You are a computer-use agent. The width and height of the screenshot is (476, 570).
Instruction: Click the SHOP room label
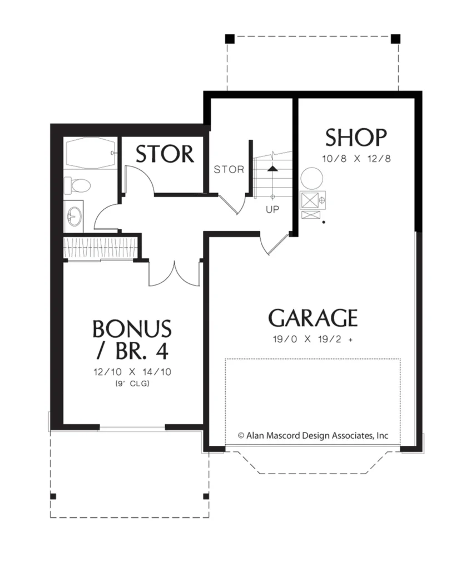[356, 137]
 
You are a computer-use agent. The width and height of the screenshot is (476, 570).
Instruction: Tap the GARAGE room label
[313, 318]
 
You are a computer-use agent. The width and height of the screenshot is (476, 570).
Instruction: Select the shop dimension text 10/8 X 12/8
[356, 159]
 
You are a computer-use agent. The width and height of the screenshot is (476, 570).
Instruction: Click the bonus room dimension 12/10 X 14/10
[132, 372]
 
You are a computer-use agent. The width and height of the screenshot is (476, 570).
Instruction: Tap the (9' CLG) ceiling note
[132, 384]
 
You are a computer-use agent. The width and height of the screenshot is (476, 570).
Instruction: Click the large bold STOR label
[165, 154]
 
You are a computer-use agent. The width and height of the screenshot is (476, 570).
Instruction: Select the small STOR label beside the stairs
[229, 169]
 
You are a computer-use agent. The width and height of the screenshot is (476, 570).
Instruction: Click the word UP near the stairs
[272, 210]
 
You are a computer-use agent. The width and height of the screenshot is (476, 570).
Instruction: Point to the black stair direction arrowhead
[272, 168]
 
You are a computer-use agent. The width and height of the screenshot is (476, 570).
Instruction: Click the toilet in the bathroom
[77, 185]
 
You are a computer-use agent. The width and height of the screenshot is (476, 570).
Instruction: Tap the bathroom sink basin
[75, 217]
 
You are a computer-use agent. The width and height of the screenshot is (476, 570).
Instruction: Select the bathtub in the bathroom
[90, 153]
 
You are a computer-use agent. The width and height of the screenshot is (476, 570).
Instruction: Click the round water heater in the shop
[311, 178]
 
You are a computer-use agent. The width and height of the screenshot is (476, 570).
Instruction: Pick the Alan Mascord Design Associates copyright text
[313, 435]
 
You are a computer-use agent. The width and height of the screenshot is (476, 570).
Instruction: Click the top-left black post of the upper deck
[230, 39]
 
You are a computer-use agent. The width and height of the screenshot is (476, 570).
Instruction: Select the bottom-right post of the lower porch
[206, 496]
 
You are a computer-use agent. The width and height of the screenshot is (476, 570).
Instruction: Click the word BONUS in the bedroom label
[132, 329]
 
